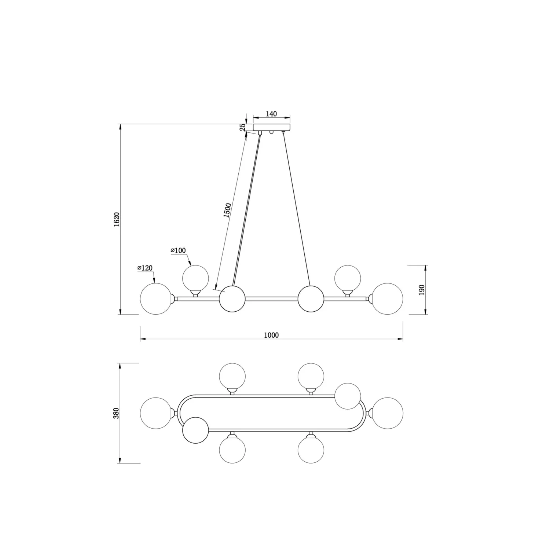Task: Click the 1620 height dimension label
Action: [x=117, y=219]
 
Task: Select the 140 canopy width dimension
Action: [x=271, y=114]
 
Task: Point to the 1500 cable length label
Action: [x=227, y=210]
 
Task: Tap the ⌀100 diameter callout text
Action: [x=178, y=251]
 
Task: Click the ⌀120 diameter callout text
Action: [x=145, y=268]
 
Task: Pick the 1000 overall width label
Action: [x=271, y=335]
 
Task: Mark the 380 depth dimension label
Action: [x=117, y=413]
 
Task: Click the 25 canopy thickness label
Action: [x=242, y=127]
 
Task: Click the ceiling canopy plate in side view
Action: [x=272, y=127]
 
